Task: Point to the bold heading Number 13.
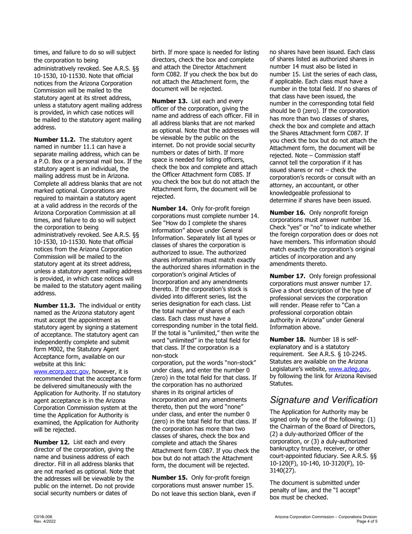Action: coord(169,101)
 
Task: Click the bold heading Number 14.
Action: coord(169,208)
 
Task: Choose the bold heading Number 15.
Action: coord(169,478)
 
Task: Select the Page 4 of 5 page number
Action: coord(366,521)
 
